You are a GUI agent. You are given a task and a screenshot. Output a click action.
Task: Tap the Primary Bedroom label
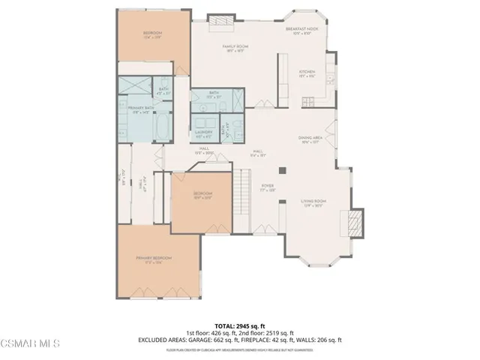pos(154,259)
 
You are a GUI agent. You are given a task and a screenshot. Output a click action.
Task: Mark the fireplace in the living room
pos(355,222)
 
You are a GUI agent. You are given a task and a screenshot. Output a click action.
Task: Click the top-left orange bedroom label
pos(154,36)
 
